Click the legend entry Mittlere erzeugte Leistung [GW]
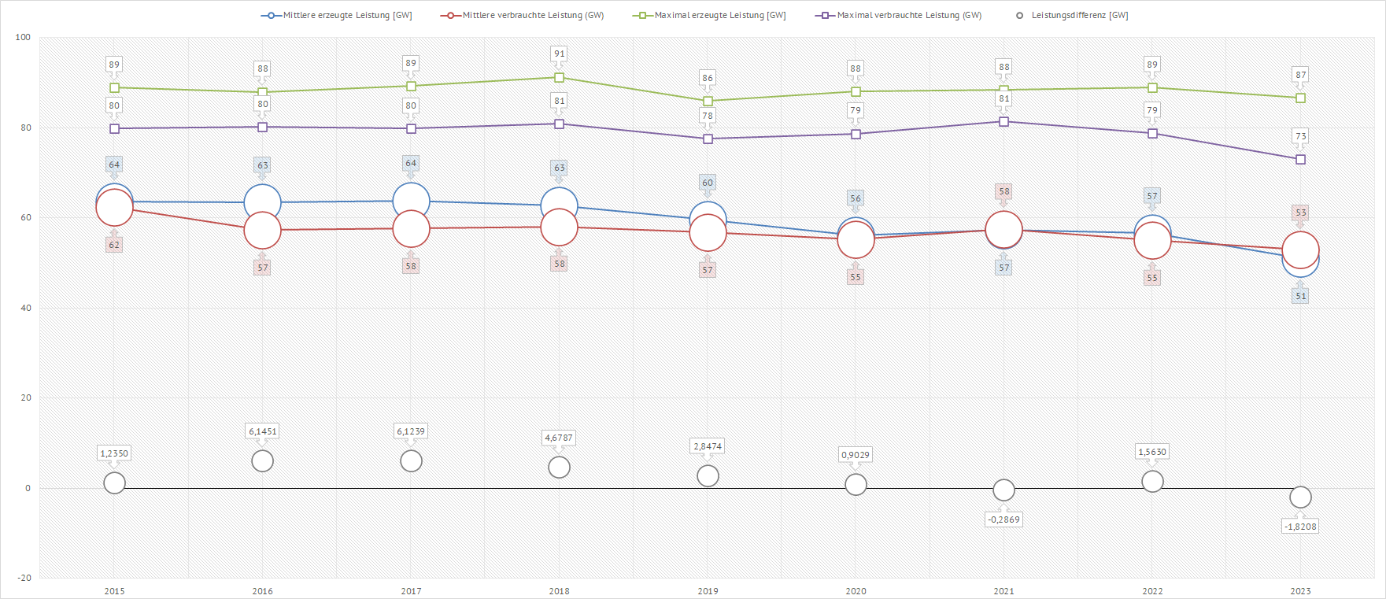click(337, 16)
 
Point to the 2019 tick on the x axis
click(708, 591)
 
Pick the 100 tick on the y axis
click(24, 37)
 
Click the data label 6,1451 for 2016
click(263, 431)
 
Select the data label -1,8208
click(1300, 527)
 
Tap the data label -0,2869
click(1003, 520)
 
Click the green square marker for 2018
click(560, 78)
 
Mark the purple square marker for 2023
click(1300, 160)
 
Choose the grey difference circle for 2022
click(1152, 481)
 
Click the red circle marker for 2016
click(263, 231)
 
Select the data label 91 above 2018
click(560, 54)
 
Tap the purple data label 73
click(1300, 136)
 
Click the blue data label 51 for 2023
click(1300, 297)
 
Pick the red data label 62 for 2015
click(114, 245)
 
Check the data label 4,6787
click(559, 438)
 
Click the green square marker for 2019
click(708, 102)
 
